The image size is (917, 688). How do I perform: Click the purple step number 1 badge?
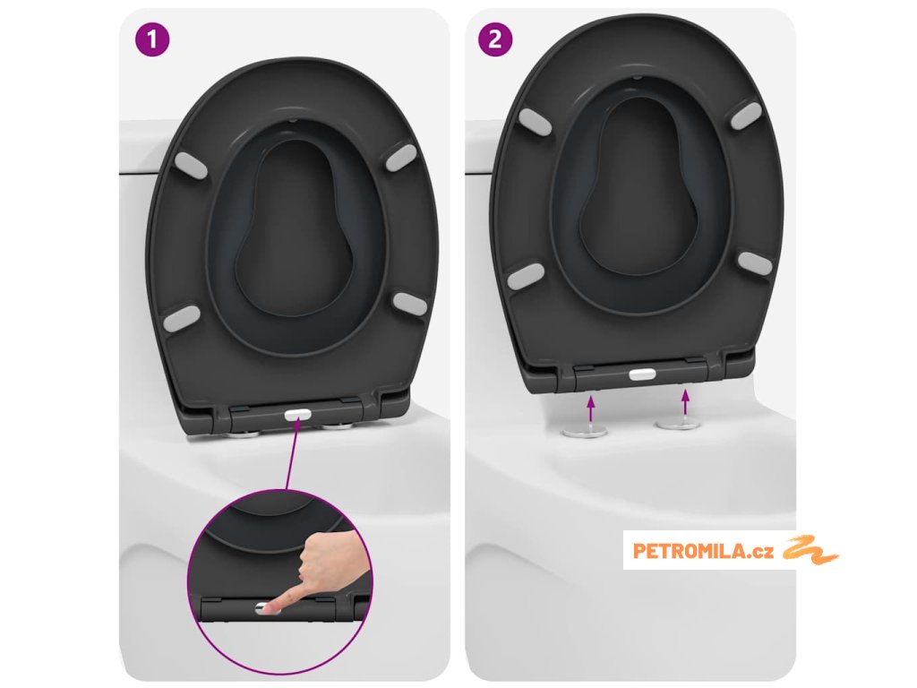(152, 39)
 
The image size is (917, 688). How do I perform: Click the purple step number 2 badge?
(495, 39)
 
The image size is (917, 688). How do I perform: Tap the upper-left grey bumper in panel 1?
(191, 165)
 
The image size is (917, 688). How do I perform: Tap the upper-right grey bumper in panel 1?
(401, 158)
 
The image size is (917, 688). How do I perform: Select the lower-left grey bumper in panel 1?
(181, 318)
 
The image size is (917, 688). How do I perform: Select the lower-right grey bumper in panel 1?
(410, 304)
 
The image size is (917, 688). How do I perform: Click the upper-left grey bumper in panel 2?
(535, 122)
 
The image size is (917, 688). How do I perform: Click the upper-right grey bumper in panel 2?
(747, 116)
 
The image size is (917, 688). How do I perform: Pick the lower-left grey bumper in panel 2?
(526, 276)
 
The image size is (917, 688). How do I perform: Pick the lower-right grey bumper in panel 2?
(755, 262)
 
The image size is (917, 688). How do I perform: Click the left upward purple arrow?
(591, 408)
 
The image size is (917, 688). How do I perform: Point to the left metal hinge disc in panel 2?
(584, 433)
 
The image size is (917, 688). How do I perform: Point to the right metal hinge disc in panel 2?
(678, 424)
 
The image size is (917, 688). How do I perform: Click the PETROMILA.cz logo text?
(703, 551)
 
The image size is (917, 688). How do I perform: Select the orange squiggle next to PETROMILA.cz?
(810, 549)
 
